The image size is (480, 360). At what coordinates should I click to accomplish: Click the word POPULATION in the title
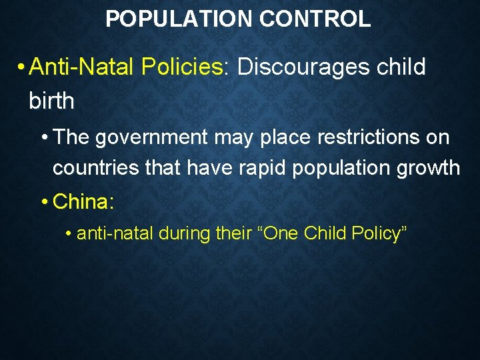[179, 19]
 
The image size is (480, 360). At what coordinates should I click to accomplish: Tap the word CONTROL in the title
[315, 19]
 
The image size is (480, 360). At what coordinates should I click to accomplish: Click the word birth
[51, 101]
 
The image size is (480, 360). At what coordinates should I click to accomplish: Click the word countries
[97, 167]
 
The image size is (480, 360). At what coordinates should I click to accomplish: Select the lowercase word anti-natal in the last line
[115, 233]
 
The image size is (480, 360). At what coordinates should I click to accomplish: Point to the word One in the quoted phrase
[282, 233]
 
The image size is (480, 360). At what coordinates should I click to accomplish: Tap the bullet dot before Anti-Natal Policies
[22, 67]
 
